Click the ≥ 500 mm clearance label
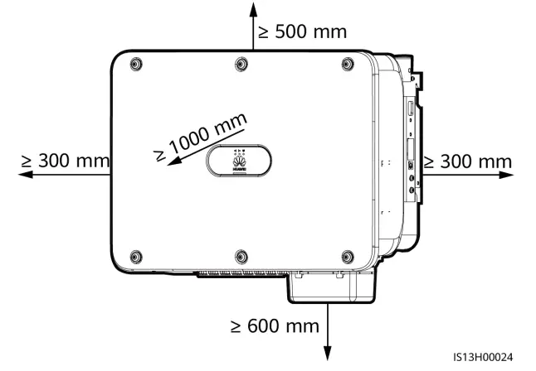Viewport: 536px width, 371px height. (303, 31)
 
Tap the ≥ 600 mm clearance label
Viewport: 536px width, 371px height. (275, 326)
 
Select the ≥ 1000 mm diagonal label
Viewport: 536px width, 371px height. (201, 137)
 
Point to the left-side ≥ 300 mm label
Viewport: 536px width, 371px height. (65, 161)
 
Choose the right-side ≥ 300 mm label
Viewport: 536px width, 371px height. (468, 161)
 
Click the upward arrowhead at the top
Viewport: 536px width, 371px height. (253, 10)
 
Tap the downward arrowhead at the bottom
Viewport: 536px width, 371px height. (328, 353)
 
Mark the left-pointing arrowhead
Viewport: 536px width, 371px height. (26, 175)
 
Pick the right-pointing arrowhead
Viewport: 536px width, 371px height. (506, 175)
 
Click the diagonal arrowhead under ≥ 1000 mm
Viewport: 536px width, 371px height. (174, 161)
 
